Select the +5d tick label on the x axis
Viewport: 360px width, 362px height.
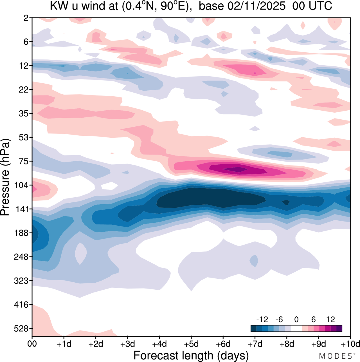click(x=191, y=344)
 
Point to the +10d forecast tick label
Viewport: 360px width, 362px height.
click(x=350, y=344)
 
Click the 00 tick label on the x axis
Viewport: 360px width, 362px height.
click(x=32, y=344)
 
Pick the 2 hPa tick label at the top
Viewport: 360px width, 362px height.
click(x=26, y=18)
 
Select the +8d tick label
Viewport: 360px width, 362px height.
click(x=287, y=344)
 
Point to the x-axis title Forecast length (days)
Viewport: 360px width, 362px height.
click(x=191, y=355)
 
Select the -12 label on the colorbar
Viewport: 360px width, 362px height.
click(x=262, y=319)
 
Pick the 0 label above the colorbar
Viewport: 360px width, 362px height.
click(x=296, y=319)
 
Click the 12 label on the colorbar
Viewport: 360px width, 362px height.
click(x=331, y=319)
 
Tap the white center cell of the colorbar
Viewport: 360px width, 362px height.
click(x=296, y=328)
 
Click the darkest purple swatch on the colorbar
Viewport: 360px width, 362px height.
click(x=339, y=328)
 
